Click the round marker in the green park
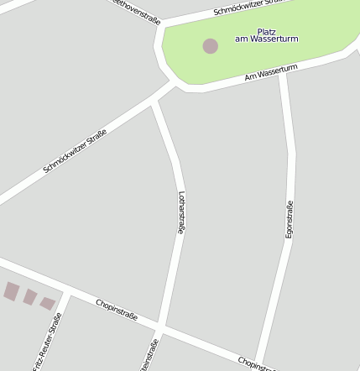click(210, 45)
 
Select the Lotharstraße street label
click(180, 212)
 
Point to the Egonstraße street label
click(290, 220)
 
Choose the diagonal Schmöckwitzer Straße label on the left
click(75, 151)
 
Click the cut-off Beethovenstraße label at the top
click(138, 11)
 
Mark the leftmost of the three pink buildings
click(11, 291)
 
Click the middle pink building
click(29, 297)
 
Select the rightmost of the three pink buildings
click(48, 303)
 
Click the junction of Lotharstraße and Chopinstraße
click(159, 326)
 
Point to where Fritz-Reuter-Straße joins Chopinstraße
click(66, 292)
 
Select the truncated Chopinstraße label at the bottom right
click(256, 363)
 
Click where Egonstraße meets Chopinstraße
click(258, 361)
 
